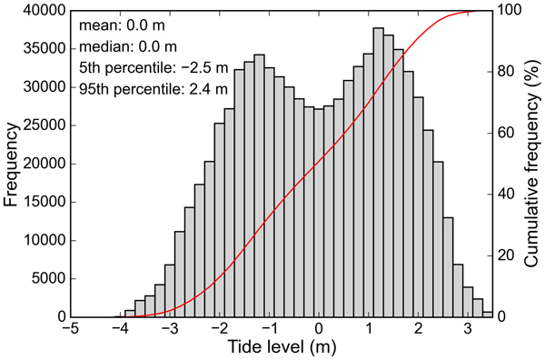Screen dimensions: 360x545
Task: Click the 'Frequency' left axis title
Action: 14,164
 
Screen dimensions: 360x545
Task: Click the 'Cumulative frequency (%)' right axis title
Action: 531,164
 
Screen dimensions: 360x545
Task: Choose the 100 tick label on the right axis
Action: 509,11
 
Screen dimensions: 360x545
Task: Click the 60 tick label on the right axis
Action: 506,134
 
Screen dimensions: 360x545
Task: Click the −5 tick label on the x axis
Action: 71,329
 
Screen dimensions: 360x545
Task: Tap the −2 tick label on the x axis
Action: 218,329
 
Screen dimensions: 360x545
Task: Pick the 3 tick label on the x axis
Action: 468,329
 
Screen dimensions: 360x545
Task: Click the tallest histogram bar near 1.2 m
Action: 378,173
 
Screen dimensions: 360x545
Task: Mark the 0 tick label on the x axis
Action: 319,329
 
